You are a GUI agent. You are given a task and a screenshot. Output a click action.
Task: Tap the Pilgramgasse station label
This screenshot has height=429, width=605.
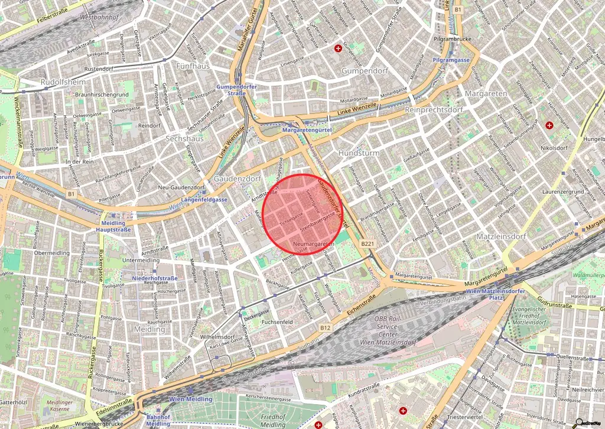(451, 60)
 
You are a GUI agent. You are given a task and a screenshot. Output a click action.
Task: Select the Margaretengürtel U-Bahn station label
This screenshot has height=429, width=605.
(307, 129)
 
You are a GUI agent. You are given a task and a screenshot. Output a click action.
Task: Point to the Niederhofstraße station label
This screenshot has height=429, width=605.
(155, 277)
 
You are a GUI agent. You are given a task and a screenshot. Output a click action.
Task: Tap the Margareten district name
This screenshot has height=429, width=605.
(486, 94)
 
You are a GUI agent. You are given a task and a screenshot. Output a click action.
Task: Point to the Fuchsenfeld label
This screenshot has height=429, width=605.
(277, 322)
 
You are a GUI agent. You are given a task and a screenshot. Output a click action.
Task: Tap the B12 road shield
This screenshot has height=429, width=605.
(326, 327)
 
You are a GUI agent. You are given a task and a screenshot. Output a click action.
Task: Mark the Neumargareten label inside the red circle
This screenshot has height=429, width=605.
(313, 244)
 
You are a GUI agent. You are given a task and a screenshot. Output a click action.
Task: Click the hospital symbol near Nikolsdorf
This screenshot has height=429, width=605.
(549, 125)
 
